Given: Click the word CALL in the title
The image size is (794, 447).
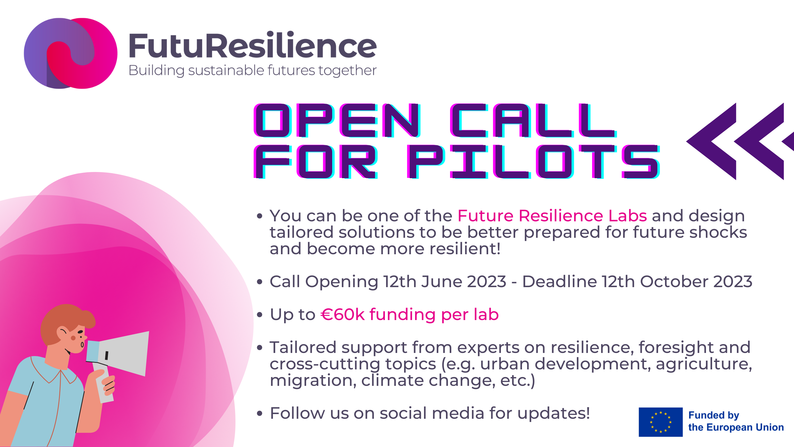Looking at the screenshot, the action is pos(533,120).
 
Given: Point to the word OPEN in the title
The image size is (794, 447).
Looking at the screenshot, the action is pos(337,120).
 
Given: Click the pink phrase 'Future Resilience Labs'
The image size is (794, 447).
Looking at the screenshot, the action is pos(552,215).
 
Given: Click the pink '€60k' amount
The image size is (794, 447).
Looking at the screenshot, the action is pos(343,314).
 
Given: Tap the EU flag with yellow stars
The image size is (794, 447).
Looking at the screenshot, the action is pos(661,422).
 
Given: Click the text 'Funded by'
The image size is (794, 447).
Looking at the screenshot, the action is pos(714,415).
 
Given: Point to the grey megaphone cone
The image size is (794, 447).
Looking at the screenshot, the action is pos(124,354).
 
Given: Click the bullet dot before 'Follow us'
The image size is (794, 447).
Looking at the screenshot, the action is pos(260,413).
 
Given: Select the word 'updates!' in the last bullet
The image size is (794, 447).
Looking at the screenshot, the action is pos(554,413).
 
